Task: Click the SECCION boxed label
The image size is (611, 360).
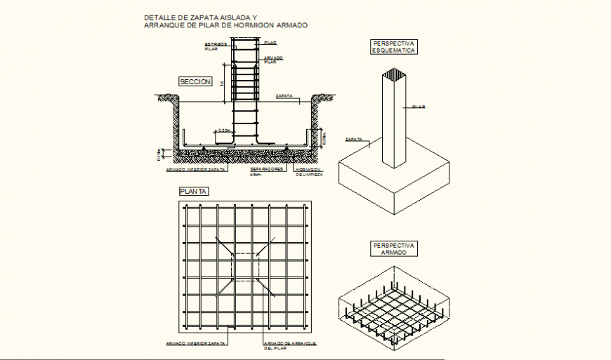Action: tap(195, 82)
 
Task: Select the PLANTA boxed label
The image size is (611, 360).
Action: tap(194, 191)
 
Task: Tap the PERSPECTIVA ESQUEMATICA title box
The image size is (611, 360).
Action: tap(393, 47)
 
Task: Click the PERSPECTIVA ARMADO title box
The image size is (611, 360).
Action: tap(393, 249)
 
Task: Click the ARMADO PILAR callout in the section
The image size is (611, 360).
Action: tap(274, 60)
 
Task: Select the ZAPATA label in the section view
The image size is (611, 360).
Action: tap(284, 95)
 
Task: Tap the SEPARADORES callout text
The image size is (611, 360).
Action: tap(267, 169)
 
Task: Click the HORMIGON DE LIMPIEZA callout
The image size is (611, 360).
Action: tap(308, 172)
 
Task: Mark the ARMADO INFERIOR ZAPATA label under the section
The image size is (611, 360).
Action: tap(195, 169)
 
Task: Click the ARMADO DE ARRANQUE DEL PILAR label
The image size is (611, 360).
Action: tap(289, 345)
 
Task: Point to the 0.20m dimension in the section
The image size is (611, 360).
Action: tap(225, 130)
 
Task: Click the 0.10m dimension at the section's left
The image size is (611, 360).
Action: tap(159, 152)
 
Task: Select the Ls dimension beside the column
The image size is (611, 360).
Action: tap(222, 83)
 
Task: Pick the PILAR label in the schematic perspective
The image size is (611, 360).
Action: tap(419, 107)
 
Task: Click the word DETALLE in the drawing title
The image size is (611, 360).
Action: tap(159, 16)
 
